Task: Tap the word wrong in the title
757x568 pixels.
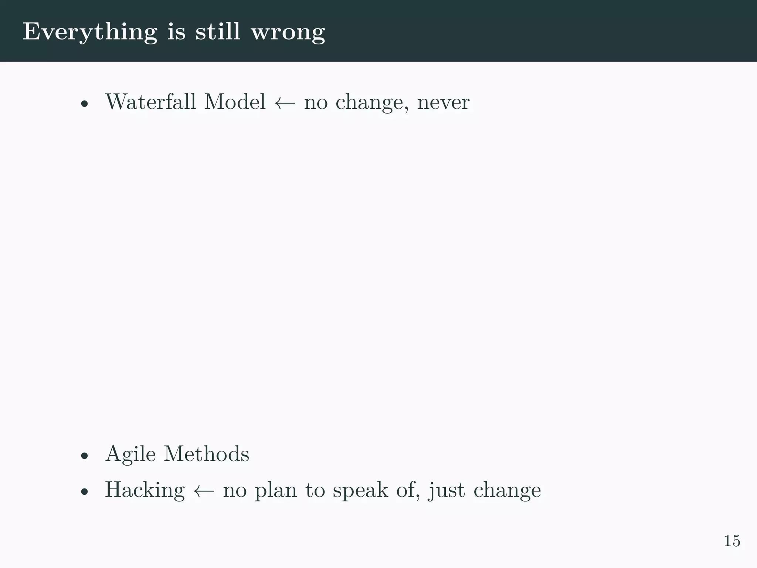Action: click(x=288, y=32)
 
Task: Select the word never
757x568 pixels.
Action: click(x=443, y=103)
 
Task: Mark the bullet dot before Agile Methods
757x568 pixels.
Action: click(x=85, y=456)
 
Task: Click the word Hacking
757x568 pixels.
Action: click(x=145, y=490)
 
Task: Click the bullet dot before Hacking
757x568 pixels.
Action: click(x=85, y=492)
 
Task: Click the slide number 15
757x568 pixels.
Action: click(x=731, y=541)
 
